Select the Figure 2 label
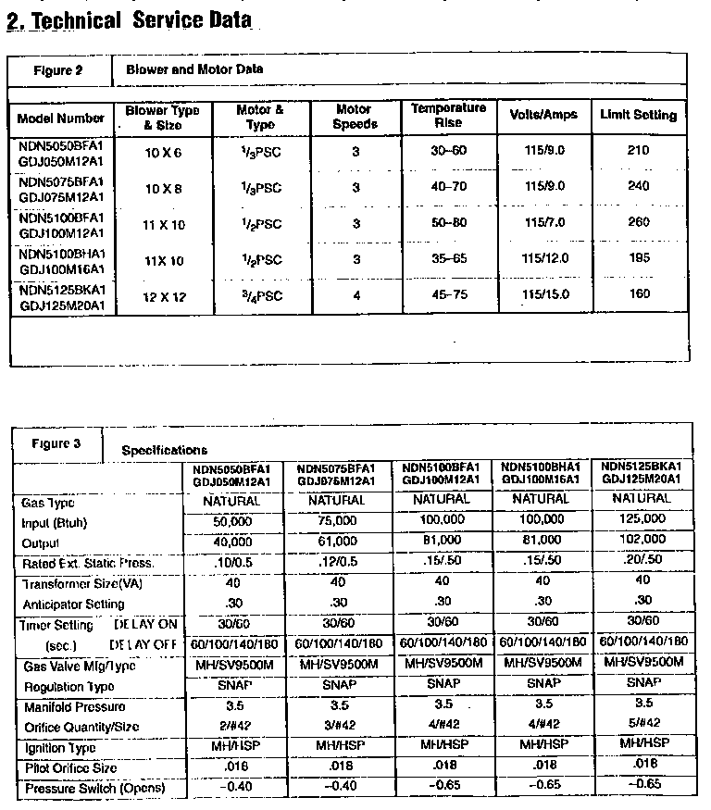[59, 70]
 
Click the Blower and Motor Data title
[194, 69]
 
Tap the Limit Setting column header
[638, 116]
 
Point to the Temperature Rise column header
[448, 116]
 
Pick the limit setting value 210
[638, 150]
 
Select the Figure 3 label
[56, 443]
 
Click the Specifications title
[165, 450]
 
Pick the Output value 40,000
[231, 542]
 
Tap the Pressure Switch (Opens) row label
[94, 789]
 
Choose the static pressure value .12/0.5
[337, 563]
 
